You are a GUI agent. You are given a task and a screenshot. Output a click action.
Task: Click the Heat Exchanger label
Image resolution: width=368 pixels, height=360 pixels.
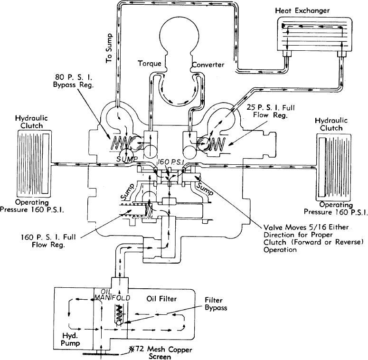click(x=302, y=10)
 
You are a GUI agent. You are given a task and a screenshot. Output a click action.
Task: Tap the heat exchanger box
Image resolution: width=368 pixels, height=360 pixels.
click(x=315, y=34)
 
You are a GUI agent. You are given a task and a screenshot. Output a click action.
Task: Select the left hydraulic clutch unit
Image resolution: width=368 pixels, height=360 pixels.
click(x=34, y=163)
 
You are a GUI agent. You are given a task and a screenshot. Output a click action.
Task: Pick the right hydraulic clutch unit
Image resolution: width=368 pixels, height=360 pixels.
click(x=334, y=167)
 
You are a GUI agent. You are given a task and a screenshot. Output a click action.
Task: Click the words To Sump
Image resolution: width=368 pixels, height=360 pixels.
click(x=109, y=48)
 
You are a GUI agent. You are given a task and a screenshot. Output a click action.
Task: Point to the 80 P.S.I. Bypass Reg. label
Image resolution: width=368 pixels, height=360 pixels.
click(x=73, y=81)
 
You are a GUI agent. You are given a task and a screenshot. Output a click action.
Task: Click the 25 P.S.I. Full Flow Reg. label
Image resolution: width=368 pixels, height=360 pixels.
click(x=271, y=111)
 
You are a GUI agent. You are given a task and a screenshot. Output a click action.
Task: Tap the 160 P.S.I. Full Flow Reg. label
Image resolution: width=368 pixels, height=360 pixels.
click(x=48, y=241)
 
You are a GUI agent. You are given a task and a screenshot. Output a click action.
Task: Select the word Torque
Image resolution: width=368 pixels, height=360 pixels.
click(x=150, y=63)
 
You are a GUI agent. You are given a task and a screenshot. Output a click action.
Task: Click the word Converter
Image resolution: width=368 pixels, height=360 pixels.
click(x=208, y=65)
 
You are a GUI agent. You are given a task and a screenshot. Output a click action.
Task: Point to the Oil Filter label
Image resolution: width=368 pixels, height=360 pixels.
click(x=161, y=299)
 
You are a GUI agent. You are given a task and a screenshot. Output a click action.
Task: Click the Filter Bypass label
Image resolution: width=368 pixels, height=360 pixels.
click(x=216, y=303)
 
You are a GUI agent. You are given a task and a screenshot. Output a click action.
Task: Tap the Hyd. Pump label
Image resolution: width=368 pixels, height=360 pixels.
click(x=70, y=340)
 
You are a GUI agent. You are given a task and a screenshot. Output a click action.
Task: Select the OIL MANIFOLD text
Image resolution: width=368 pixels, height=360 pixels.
click(x=112, y=295)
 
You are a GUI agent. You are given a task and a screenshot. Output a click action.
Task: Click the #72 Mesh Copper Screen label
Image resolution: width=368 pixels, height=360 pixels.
click(x=161, y=353)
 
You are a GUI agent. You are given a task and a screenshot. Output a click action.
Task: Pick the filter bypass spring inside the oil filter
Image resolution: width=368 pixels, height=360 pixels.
click(x=119, y=313)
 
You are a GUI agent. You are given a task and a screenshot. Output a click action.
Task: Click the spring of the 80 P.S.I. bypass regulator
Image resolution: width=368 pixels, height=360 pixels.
click(x=121, y=143)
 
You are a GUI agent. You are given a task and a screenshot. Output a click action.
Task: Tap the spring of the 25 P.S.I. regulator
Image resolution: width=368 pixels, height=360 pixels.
click(x=217, y=143)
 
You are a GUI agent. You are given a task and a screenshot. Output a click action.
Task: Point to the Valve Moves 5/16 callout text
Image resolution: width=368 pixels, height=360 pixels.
click(x=313, y=238)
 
